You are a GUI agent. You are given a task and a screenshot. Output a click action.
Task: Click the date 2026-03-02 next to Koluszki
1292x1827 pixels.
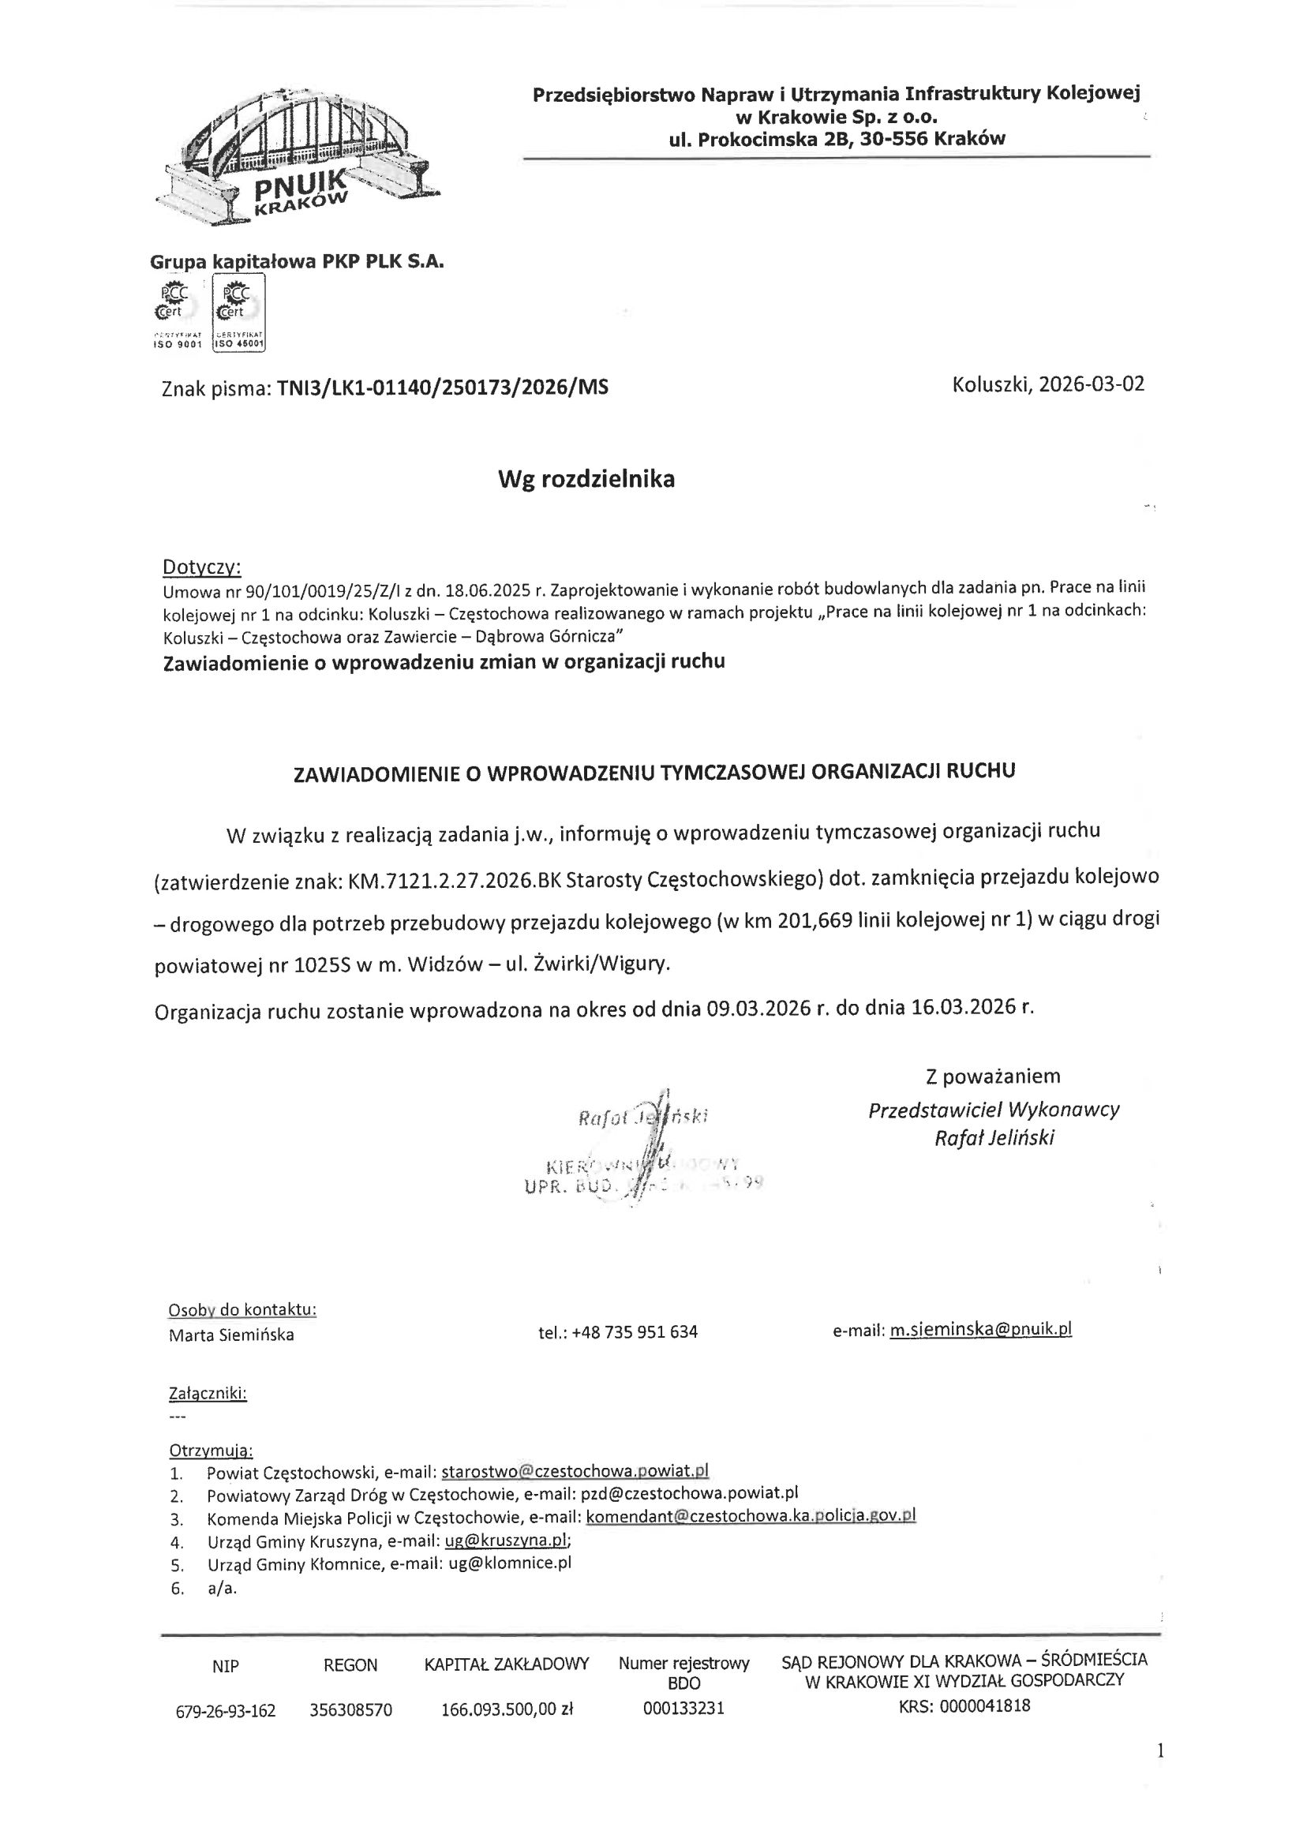[1092, 385]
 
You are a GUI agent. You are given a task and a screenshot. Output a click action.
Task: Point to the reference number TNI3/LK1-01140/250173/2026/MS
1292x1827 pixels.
[442, 388]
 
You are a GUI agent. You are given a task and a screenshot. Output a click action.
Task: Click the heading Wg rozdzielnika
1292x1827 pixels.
[586, 479]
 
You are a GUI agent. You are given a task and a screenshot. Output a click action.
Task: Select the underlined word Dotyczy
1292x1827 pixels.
[201, 567]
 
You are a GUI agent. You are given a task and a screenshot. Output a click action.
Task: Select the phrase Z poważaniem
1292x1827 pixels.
[993, 1076]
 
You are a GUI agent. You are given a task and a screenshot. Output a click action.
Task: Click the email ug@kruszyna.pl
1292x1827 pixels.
[506, 1540]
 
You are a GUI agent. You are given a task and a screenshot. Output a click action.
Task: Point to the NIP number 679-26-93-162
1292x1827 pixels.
[225, 1710]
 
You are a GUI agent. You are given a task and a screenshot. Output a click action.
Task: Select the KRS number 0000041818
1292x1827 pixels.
[985, 1706]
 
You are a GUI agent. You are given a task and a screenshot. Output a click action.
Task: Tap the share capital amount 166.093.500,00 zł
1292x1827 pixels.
[507, 1709]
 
